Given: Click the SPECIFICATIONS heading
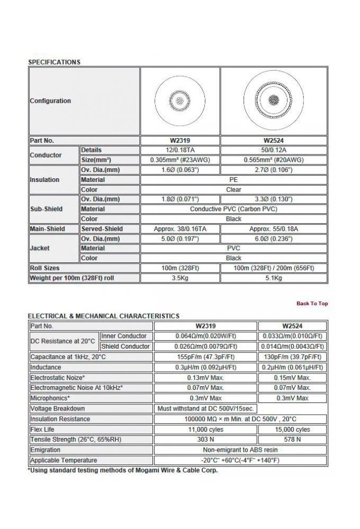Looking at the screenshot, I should point(54,62).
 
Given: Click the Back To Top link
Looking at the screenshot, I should point(312,303).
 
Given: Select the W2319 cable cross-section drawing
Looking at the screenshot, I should point(180,101).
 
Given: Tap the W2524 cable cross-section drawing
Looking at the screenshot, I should point(274,101).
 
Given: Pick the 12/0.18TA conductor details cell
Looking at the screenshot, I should point(180,150).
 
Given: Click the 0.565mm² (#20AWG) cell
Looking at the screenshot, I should point(274,160).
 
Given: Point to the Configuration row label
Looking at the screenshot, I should point(50,101).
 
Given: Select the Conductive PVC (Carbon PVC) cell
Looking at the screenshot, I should point(233,209).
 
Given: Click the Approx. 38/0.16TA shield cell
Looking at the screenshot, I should point(180,229).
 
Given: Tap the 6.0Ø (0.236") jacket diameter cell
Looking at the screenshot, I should point(274,239).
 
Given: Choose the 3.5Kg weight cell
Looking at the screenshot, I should point(180,278).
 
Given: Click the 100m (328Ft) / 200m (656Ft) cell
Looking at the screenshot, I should point(274,268).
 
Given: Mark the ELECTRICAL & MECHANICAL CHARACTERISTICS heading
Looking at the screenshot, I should point(103,316).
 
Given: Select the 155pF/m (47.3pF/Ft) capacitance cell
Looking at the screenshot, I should point(206,357).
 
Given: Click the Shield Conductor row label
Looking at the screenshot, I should point(125,346).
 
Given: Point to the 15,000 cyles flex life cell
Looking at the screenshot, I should point(293,429).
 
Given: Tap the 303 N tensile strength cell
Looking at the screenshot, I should point(206,440).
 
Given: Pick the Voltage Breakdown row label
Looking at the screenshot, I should point(58,408).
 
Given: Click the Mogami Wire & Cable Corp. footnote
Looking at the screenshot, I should point(122,470).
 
